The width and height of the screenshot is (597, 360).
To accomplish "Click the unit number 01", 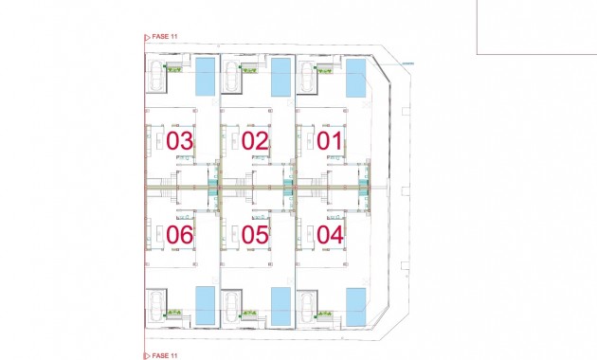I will click(331, 141).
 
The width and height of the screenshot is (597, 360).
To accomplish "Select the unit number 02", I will click(255, 141).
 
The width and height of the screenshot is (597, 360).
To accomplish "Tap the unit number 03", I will click(180, 141).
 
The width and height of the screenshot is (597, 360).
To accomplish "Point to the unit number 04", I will click(331, 234).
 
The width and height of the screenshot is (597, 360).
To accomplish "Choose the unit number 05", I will click(255, 234).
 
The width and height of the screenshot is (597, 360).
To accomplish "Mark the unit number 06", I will click(180, 234).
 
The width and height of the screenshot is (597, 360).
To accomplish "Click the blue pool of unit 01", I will click(355, 77).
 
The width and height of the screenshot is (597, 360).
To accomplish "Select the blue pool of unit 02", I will click(280, 77).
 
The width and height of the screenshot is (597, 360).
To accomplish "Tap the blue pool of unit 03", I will click(205, 77).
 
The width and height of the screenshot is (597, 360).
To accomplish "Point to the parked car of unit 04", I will click(306, 305).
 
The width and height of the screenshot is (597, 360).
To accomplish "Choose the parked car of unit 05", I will click(231, 305).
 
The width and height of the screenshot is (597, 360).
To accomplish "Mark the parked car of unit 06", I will click(154, 305).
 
